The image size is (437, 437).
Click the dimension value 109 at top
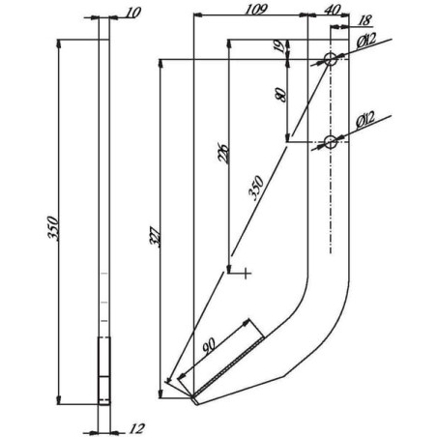[256, 10]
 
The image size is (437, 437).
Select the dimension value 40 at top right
[332, 10]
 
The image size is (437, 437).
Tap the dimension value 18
[364, 20]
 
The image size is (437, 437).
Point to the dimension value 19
[279, 46]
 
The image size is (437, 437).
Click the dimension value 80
[280, 95]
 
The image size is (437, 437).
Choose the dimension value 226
[223, 153]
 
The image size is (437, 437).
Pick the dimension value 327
[155, 237]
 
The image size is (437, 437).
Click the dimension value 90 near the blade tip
[209, 345]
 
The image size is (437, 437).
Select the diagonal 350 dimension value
[256, 189]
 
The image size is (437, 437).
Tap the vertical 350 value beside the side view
[53, 228]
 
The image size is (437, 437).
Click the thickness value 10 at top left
[132, 13]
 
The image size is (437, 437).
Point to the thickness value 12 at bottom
[136, 428]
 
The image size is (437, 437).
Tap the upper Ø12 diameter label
[366, 41]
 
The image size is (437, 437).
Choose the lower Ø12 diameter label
[365, 120]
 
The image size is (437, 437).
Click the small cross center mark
[246, 274]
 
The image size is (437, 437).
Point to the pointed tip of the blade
[195, 403]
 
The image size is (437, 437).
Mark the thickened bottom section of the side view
[103, 370]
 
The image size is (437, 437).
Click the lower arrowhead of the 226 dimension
[229, 270]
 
